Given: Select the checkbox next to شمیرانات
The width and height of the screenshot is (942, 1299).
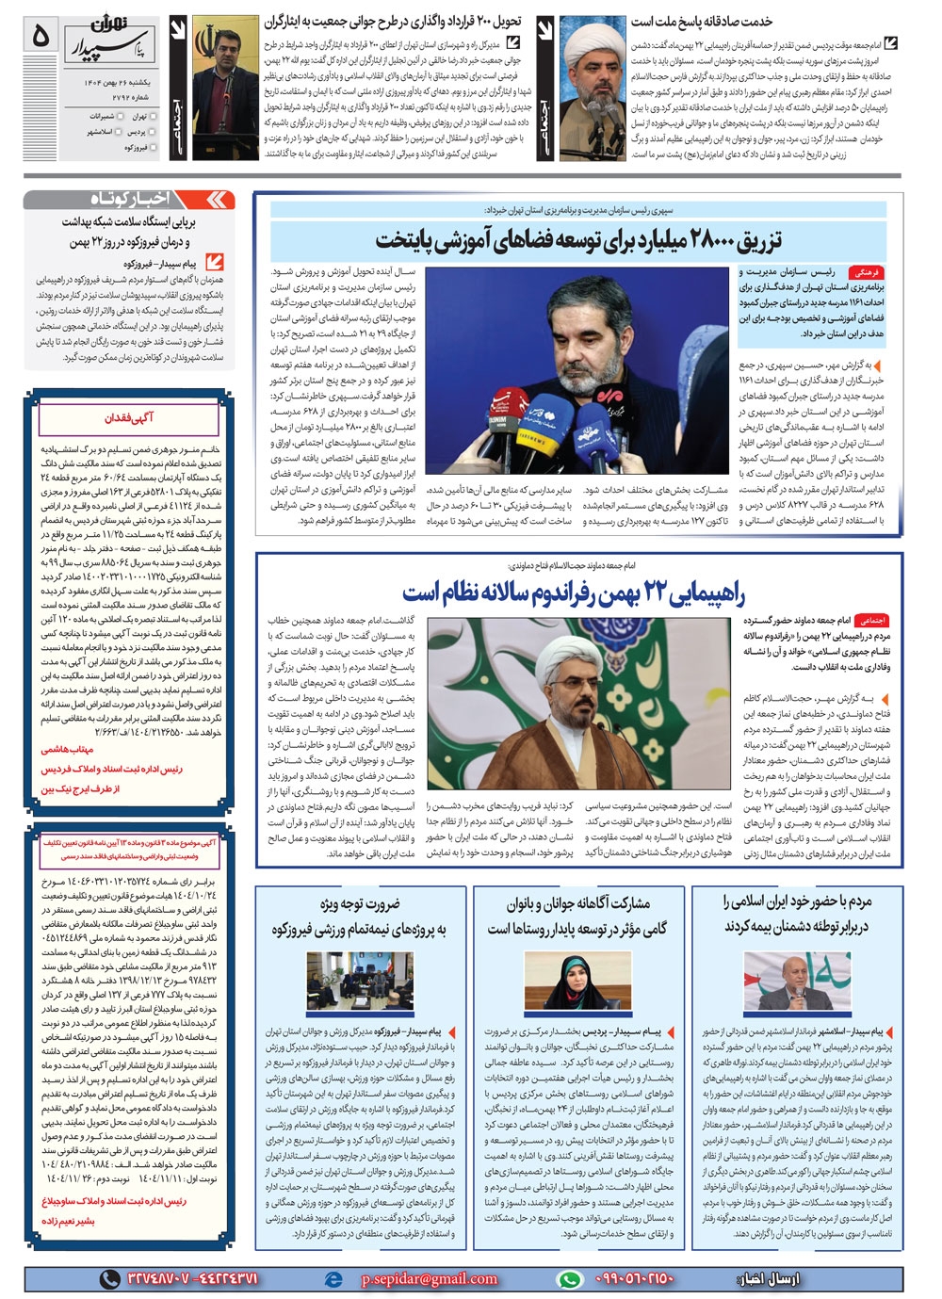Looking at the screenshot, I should coord(122,116).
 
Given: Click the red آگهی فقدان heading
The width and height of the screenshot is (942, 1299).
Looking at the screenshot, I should coord(129,417).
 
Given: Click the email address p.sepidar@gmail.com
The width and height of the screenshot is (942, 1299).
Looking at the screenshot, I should coord(429,1278).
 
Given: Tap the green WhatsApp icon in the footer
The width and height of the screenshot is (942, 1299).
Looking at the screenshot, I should coord(568,1278).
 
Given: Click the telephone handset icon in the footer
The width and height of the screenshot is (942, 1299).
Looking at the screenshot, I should coord(109,1278).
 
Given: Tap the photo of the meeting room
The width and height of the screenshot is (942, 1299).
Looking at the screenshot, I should coord(358,980).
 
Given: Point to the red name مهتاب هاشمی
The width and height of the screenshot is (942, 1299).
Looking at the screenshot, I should coord(67,750).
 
